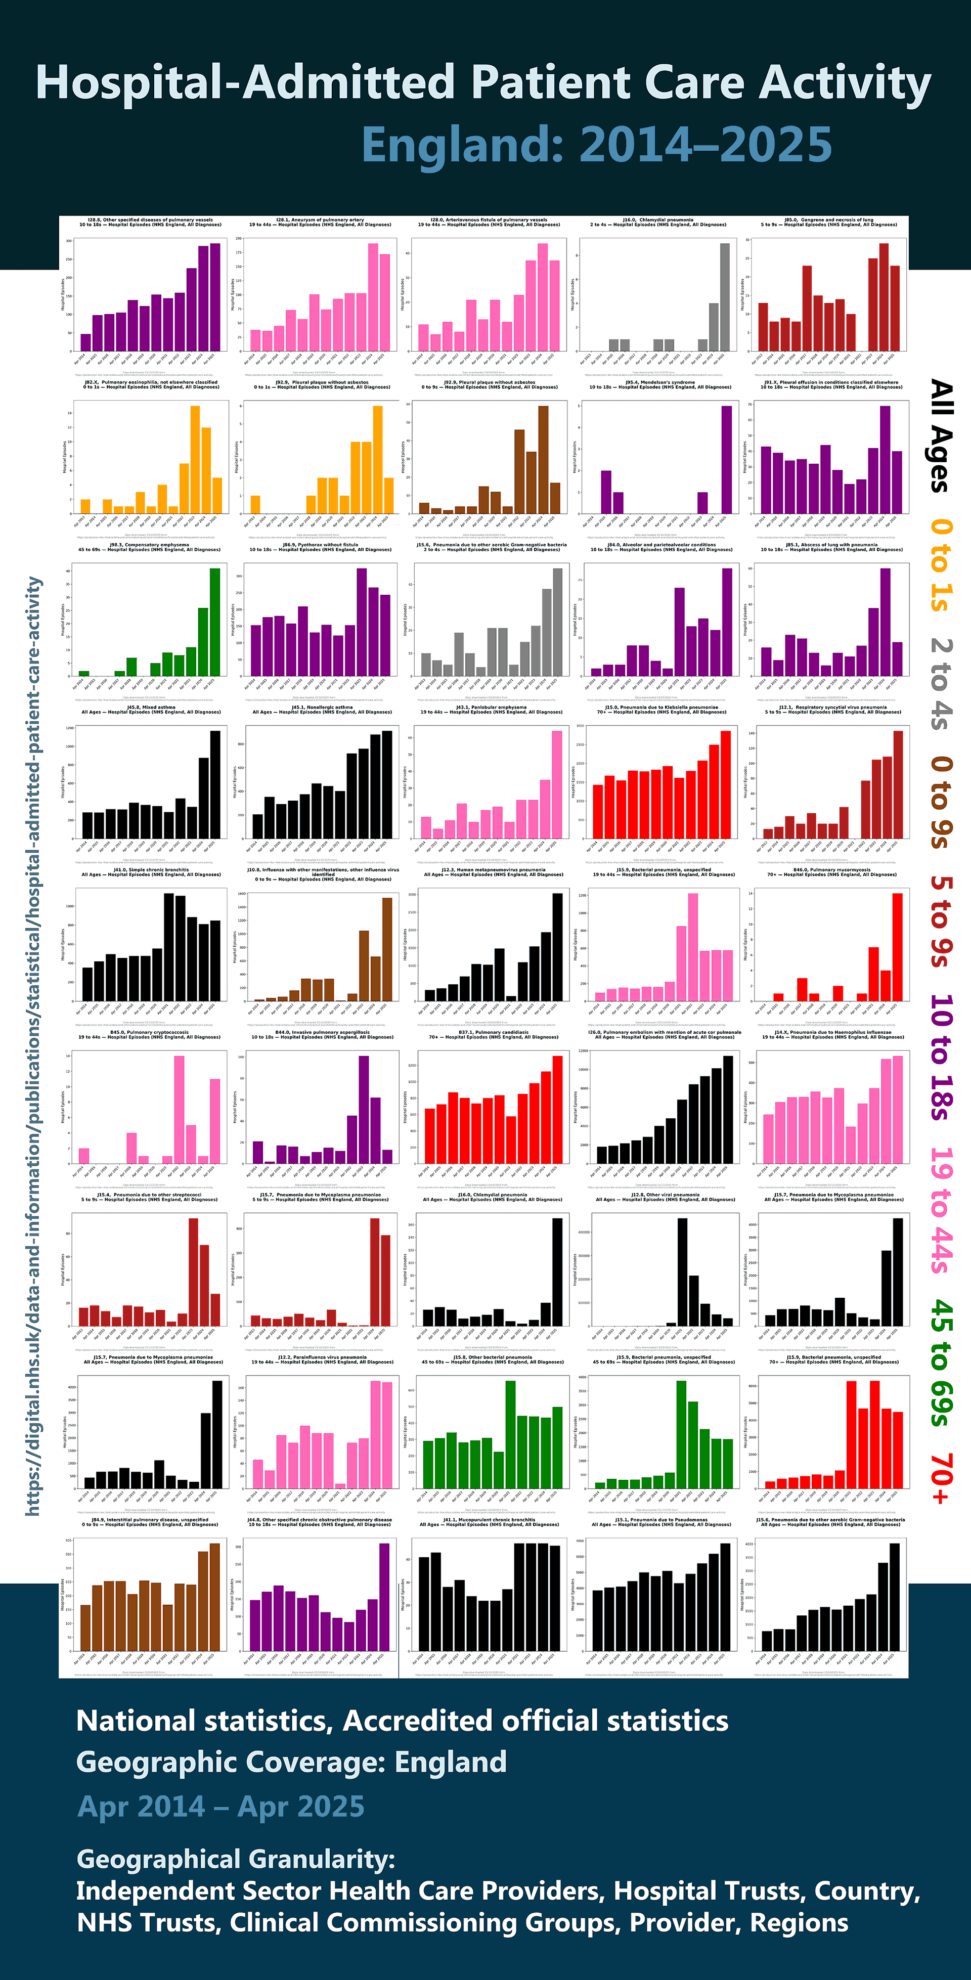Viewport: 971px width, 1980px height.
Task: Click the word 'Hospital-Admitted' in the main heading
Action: [x=245, y=82]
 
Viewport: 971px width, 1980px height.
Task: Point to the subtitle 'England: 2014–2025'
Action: [x=597, y=145]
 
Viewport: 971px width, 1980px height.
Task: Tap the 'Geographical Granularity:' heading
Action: [x=235, y=1859]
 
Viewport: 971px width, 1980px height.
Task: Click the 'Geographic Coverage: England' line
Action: [x=291, y=1761]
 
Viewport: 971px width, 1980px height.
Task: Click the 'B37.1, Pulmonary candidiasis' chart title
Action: [x=493, y=1032]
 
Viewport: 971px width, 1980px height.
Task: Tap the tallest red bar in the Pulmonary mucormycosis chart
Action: [x=897, y=947]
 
